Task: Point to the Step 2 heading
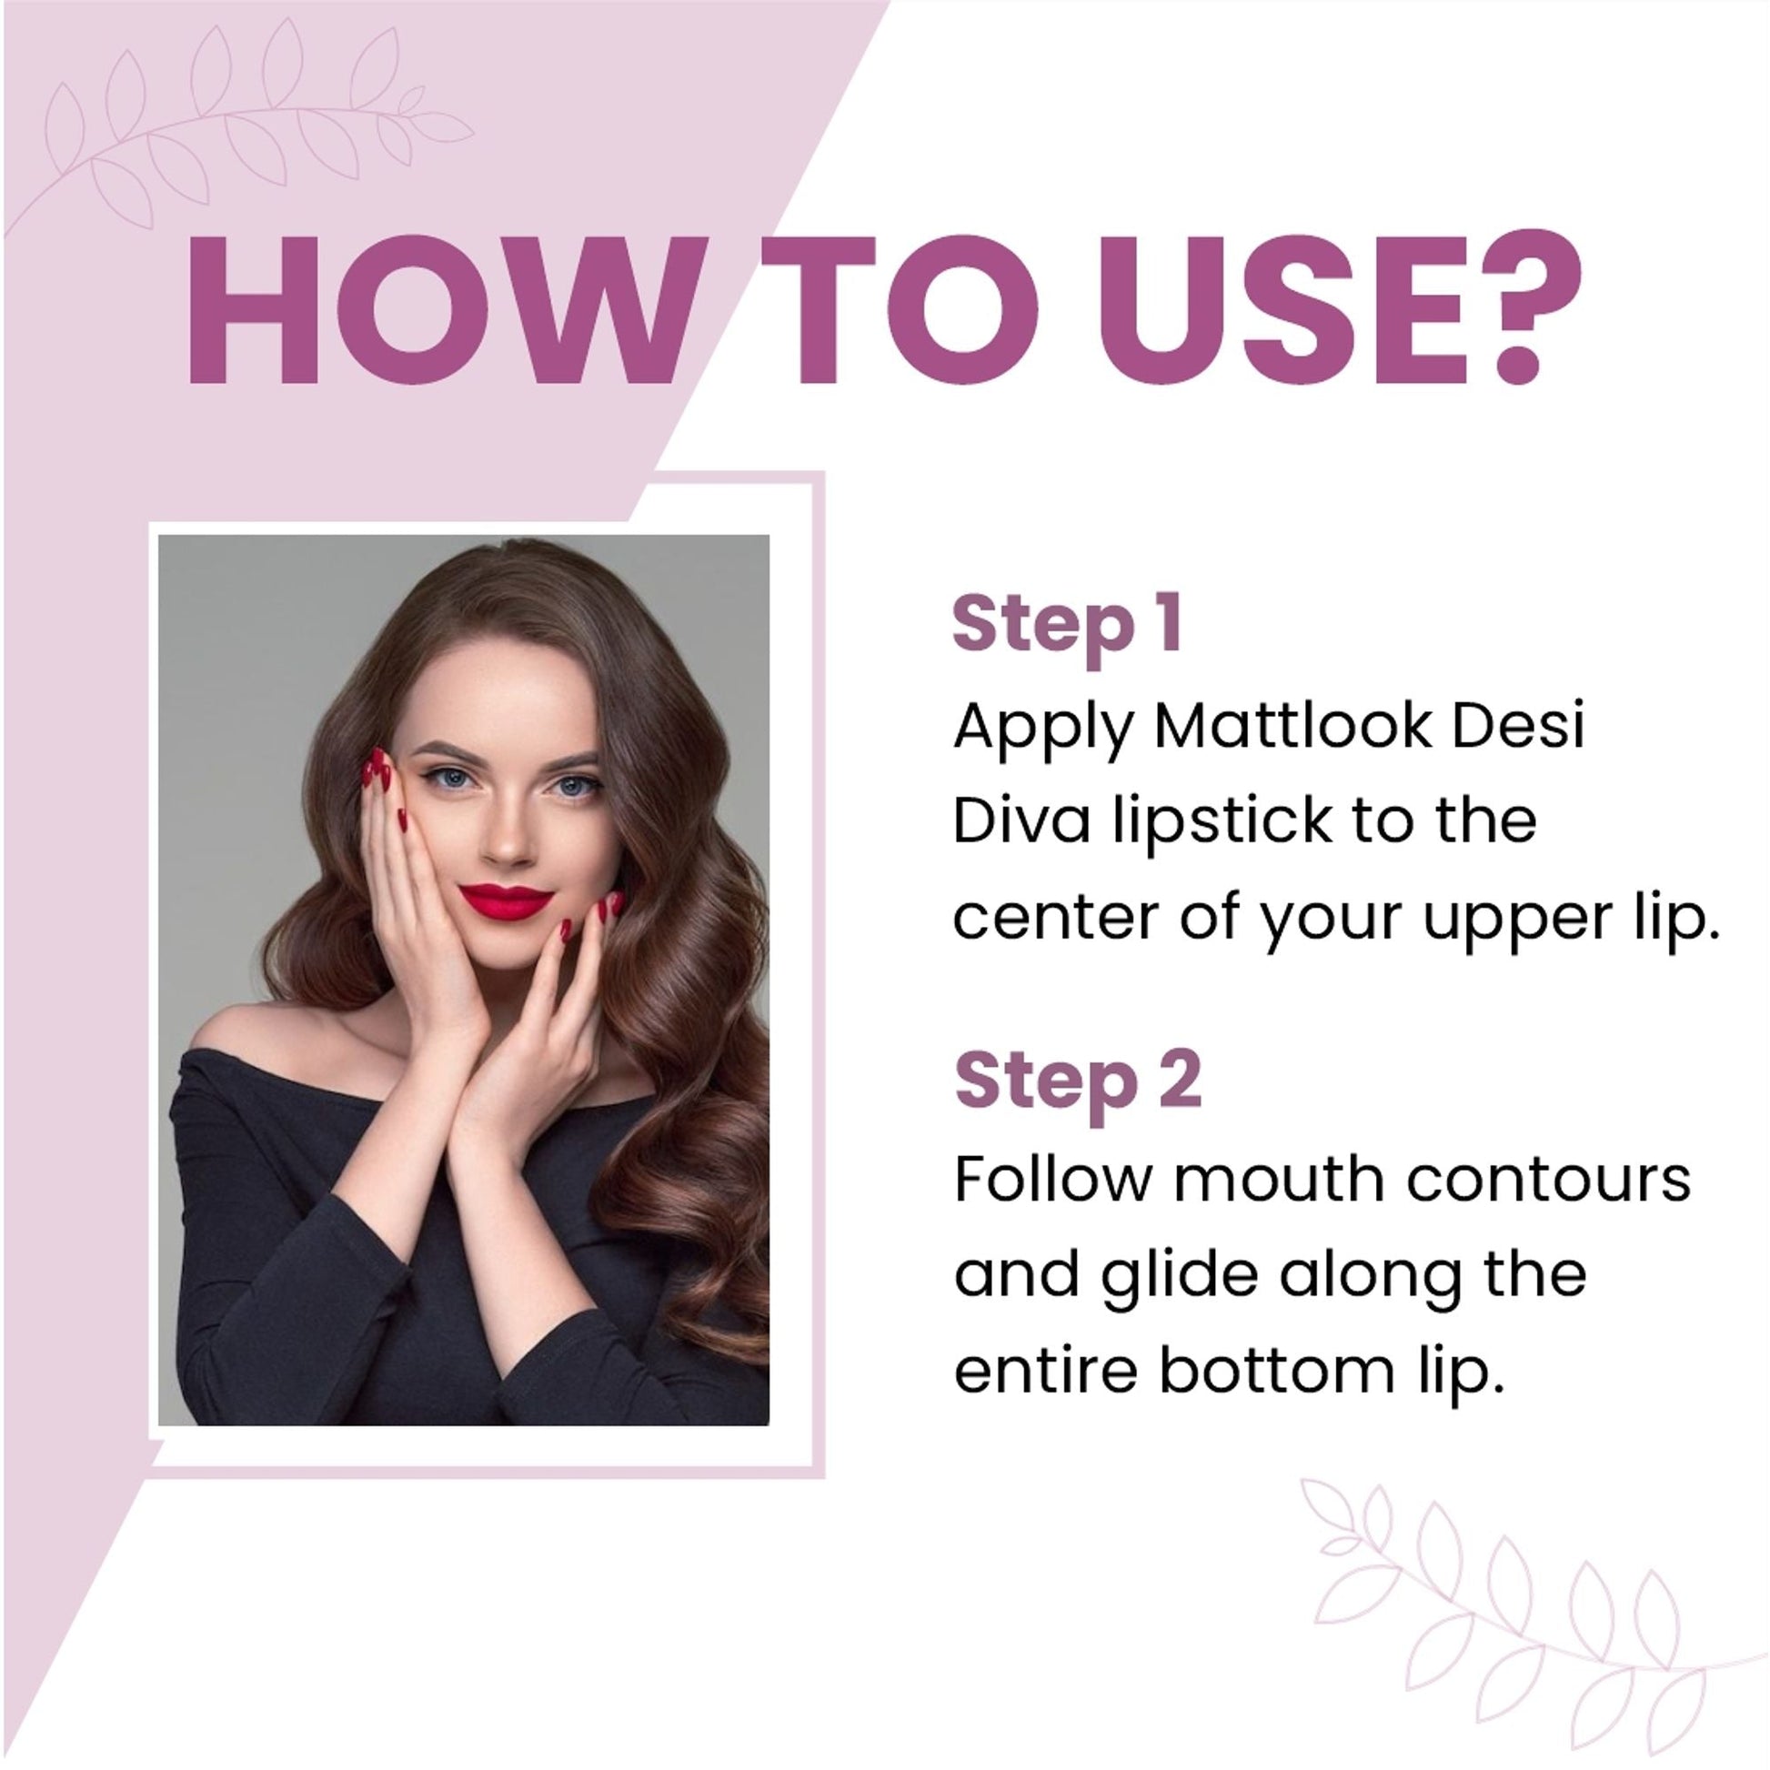click(x=1078, y=1081)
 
